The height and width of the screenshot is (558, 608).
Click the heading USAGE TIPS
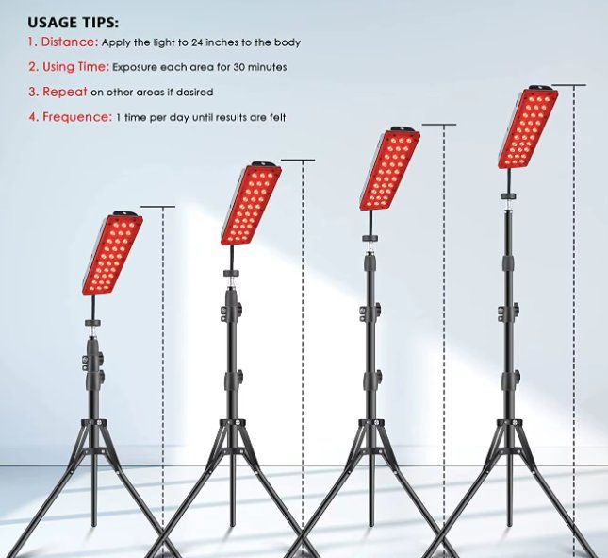(73, 23)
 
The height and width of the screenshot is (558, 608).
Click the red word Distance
(70, 42)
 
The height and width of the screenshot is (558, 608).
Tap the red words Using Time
(75, 67)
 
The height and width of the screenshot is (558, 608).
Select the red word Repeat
(65, 92)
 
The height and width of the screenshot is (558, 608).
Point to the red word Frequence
(77, 116)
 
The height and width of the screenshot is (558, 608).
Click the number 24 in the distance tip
(197, 42)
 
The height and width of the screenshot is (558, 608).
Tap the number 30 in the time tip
(238, 67)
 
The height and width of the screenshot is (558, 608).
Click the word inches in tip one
(222, 42)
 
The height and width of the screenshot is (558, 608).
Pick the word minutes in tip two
(268, 67)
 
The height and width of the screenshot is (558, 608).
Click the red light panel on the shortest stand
(112, 254)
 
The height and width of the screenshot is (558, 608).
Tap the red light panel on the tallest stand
(528, 128)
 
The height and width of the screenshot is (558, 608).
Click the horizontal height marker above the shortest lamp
(157, 207)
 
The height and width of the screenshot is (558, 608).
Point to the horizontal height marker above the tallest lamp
(568, 85)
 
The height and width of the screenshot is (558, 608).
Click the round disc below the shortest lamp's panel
(92, 322)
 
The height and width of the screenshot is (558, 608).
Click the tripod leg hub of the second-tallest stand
(370, 422)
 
